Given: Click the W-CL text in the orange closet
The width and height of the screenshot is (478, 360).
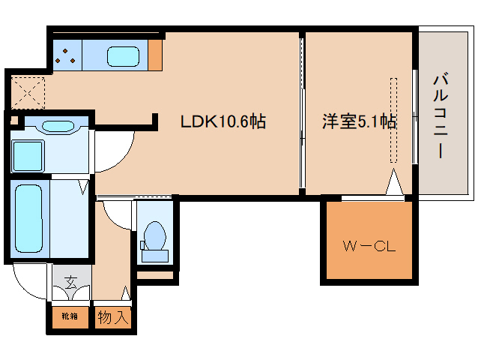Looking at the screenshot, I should click(x=368, y=245).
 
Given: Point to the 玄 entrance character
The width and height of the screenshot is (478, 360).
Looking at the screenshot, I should click(x=70, y=283).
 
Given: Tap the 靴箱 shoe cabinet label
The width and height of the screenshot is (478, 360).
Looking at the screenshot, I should click(x=69, y=317).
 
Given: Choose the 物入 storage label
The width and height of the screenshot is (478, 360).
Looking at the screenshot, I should click(x=113, y=317).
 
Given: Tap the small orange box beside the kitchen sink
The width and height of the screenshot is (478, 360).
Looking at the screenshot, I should click(x=155, y=54).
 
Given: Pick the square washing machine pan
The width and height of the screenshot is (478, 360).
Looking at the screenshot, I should click(x=29, y=156).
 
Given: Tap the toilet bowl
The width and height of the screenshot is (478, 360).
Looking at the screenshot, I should click(x=155, y=235).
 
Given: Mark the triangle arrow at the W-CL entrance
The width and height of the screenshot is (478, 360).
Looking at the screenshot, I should click(x=395, y=184).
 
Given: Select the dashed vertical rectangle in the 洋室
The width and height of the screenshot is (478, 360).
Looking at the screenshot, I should click(x=392, y=120).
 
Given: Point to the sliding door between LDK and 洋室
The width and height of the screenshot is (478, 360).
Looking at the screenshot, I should click(x=301, y=112).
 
